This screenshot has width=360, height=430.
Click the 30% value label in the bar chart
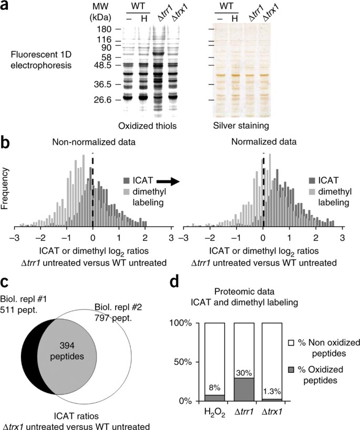tap(241, 372)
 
